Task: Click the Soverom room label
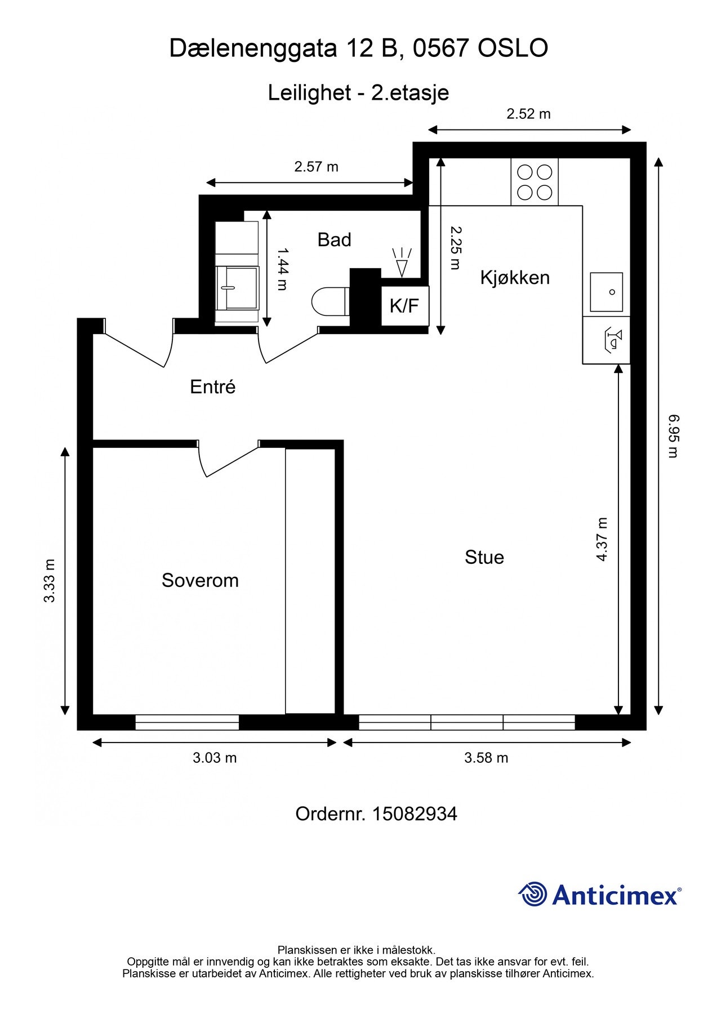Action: [x=200, y=580]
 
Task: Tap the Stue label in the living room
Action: [x=484, y=557]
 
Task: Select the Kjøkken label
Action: [x=515, y=277]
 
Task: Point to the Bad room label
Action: [x=334, y=239]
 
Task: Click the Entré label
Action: [x=212, y=386]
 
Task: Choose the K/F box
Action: [x=405, y=306]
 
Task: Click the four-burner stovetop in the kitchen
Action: [x=535, y=181]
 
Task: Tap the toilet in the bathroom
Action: [x=330, y=301]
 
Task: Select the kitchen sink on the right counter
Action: [x=606, y=292]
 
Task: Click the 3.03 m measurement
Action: [x=215, y=758]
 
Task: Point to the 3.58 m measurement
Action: [x=486, y=758]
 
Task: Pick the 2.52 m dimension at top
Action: [x=528, y=114]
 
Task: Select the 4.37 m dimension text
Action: [x=602, y=539]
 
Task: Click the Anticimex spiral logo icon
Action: [x=532, y=894]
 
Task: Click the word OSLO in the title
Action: [x=513, y=48]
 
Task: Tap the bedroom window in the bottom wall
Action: [x=187, y=722]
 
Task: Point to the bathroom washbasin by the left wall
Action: [x=237, y=287]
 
